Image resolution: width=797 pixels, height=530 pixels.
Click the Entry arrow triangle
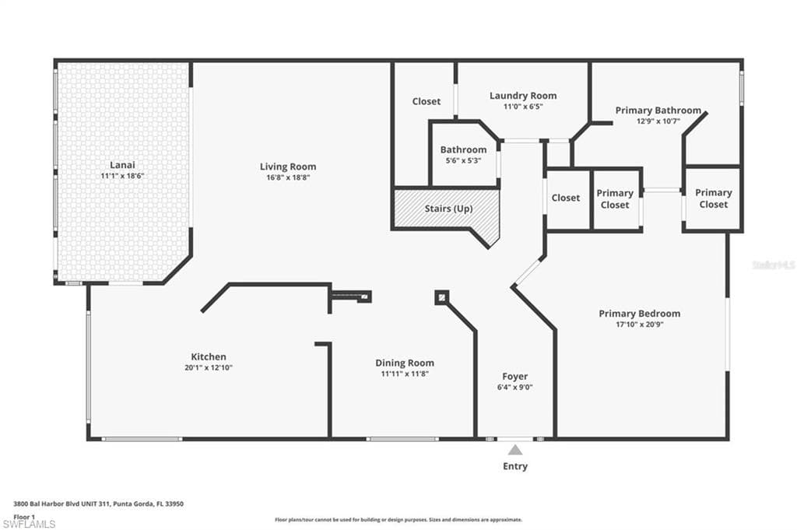point(515,450)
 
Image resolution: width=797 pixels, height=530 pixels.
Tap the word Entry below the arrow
point(515,466)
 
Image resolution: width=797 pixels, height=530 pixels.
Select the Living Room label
point(288,167)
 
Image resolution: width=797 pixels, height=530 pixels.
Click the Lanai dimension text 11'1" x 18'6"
point(122,176)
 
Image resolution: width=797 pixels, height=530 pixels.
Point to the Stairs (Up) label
point(449,209)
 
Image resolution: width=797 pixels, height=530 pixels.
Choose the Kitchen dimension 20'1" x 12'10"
point(209,367)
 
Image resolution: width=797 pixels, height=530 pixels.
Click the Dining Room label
point(405,363)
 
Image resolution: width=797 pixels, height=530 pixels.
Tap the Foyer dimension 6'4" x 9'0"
point(515,388)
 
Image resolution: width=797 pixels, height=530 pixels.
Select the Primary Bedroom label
point(640,314)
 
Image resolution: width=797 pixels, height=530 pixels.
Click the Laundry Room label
point(523,96)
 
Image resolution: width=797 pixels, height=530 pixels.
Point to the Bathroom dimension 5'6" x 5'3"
point(464,160)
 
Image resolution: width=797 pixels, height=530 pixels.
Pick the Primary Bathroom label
point(658,111)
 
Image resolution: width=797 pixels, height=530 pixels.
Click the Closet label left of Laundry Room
point(427,102)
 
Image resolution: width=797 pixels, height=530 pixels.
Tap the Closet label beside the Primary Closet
point(566,198)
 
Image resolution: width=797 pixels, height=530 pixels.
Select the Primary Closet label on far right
point(714,198)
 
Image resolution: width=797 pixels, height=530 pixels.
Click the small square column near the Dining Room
point(442,297)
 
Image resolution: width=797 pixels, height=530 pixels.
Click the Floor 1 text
point(24,518)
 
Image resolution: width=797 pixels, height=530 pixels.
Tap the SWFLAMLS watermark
point(29,524)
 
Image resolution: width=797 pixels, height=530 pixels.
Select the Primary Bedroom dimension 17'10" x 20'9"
point(640,325)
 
